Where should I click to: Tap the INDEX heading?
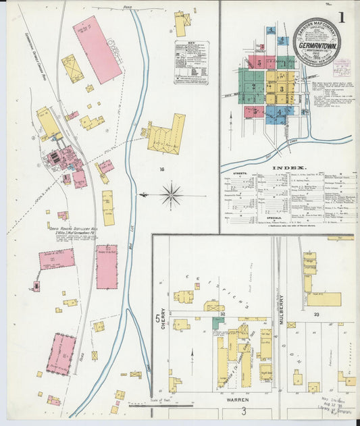click(x=288, y=166)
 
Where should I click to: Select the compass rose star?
click(x=172, y=196)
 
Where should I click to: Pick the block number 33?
click(x=315, y=314)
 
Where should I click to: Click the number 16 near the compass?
click(x=162, y=169)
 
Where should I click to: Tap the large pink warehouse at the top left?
click(x=97, y=49)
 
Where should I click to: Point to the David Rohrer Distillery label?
click(x=72, y=229)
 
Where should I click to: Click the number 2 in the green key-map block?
click(x=253, y=87)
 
